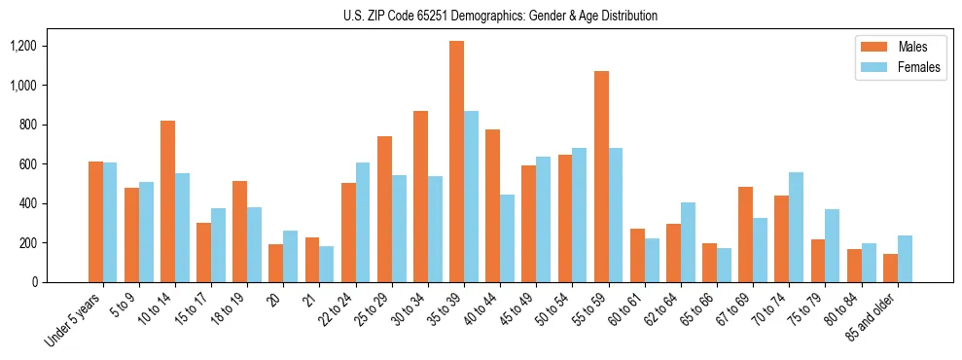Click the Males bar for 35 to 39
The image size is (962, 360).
tap(456, 162)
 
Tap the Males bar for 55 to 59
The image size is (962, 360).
tap(601, 176)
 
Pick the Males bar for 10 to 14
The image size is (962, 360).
tap(167, 201)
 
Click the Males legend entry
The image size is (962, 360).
tap(890, 47)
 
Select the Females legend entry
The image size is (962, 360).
tap(900, 67)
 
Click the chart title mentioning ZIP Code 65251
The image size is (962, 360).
tap(500, 16)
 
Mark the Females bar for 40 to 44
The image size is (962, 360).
tap(507, 238)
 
